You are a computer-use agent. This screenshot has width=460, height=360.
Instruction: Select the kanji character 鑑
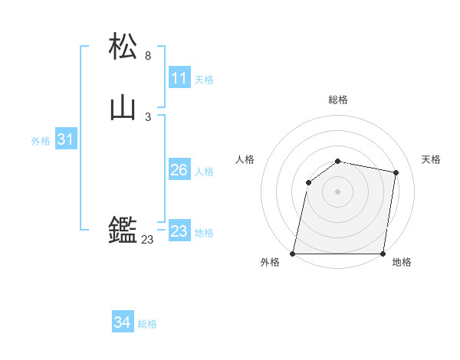click(123, 229)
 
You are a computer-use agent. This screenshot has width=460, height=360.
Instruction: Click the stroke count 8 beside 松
click(148, 56)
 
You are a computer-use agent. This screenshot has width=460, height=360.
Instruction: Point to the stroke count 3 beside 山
click(148, 117)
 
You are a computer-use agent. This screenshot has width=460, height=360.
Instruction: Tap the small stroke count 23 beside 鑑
click(147, 240)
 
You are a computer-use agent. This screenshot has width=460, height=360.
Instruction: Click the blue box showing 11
click(179, 78)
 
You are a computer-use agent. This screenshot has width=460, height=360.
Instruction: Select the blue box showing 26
click(179, 170)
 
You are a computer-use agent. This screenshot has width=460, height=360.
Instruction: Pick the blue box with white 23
click(179, 231)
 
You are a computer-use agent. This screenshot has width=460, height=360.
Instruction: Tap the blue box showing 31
click(65, 139)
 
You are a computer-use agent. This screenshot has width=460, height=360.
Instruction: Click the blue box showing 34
click(122, 322)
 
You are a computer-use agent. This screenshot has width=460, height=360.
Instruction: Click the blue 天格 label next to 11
click(204, 80)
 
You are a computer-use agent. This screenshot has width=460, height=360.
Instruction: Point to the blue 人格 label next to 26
click(204, 172)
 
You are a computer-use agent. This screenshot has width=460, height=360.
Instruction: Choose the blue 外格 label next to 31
click(41, 141)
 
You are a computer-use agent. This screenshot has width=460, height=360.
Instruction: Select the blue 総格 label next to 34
click(147, 324)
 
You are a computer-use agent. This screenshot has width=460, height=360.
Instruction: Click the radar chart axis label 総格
click(338, 100)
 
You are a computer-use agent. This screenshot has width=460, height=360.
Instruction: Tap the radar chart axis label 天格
click(432, 159)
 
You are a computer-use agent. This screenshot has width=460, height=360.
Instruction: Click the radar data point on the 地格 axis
click(383, 254)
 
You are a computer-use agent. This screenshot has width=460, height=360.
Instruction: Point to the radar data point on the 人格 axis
click(308, 182)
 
